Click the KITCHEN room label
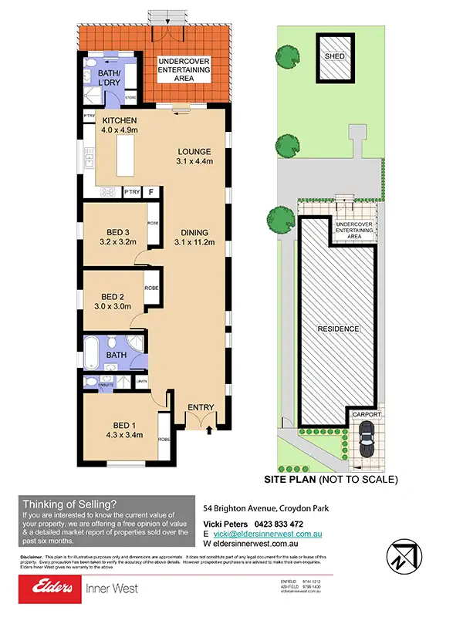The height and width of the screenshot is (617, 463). point(119,121)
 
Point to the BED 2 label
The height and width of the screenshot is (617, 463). point(113,296)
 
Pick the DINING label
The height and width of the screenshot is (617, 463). point(195,232)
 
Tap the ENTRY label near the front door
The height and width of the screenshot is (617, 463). point(201,407)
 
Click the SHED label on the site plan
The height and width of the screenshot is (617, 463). point(334,56)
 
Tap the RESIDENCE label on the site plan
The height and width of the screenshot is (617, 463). point(338,329)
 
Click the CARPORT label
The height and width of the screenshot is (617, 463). point(367,414)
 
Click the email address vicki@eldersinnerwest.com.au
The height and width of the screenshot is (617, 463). point(269,534)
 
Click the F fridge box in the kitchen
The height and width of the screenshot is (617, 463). point(151,191)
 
